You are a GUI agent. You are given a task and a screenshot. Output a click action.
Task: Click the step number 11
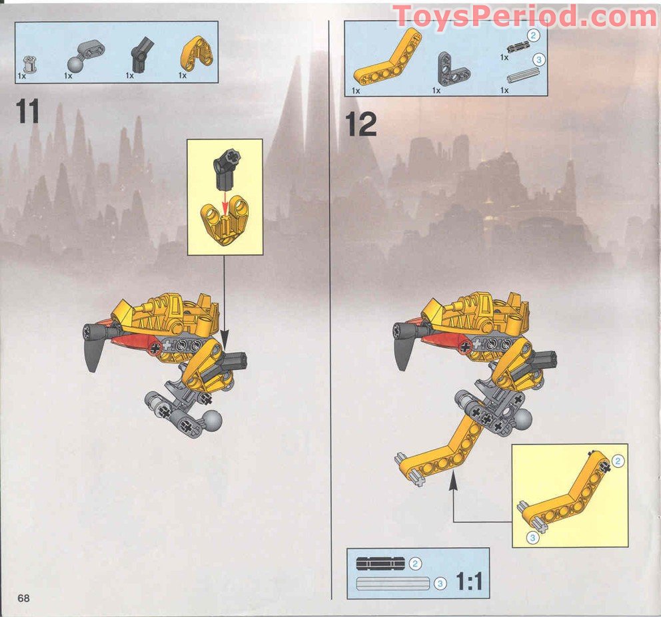(x=28, y=111)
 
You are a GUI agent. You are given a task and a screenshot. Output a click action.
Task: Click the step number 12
(x=361, y=124)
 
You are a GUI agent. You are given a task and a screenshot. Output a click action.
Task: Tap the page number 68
(x=24, y=597)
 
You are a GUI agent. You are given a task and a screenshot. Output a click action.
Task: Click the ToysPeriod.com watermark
(x=525, y=16)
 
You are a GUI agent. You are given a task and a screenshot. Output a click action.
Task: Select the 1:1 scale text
(x=469, y=582)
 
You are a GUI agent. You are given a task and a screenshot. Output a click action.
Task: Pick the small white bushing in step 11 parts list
(x=29, y=64)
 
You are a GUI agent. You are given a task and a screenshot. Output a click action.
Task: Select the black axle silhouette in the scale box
(x=380, y=563)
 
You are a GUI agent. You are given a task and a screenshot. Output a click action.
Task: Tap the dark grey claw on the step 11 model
(x=93, y=353)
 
